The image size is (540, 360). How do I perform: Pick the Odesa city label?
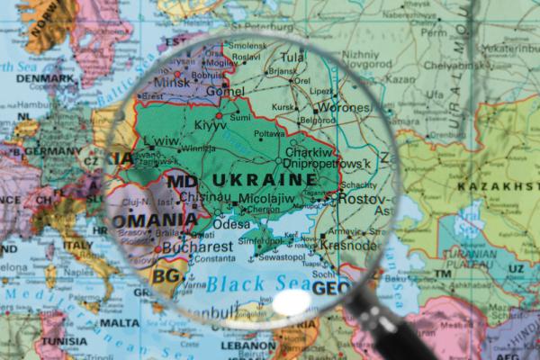(x=232, y=224)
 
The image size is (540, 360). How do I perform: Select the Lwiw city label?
(x=161, y=141)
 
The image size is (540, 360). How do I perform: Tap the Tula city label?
(x=292, y=56)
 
